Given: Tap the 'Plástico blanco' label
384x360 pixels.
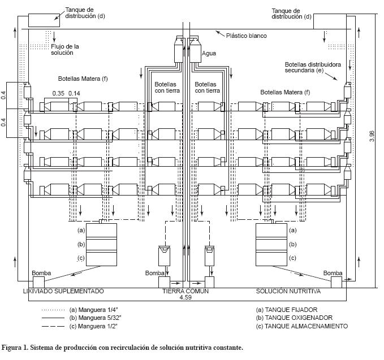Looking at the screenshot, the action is tap(247, 36).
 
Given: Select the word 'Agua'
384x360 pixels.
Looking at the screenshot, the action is tap(209, 53).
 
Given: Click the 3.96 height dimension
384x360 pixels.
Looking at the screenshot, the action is tap(372, 136).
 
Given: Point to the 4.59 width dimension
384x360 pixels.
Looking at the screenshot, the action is tap(185, 297).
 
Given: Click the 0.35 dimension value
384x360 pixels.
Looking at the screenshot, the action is tap(58, 93).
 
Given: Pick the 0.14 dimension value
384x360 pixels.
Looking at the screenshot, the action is tap(74, 93).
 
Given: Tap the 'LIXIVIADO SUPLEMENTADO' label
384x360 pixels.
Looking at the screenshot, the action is tap(63, 291).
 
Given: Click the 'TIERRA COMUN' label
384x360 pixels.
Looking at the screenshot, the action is tap(185, 291).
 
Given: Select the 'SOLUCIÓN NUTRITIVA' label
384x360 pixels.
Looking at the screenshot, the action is tap(288, 291).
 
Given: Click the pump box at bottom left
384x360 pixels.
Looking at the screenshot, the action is tap(38, 283).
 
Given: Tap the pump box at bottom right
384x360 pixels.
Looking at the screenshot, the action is tap(336, 283).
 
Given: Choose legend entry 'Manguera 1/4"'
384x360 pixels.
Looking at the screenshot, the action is tap(93, 310).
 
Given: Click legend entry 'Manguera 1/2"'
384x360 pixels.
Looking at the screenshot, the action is tap(93, 326).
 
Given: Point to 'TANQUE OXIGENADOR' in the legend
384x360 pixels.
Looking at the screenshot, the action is tap(294, 318).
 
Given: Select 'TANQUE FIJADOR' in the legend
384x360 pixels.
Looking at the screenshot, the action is tap(287, 310).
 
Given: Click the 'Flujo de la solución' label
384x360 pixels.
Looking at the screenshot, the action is tap(65, 50).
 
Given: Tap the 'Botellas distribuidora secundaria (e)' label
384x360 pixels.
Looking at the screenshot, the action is tap(313, 68).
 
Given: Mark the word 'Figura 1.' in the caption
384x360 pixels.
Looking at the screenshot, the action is tap(15, 348).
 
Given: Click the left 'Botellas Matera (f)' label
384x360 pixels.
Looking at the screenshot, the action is tap(83, 79).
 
